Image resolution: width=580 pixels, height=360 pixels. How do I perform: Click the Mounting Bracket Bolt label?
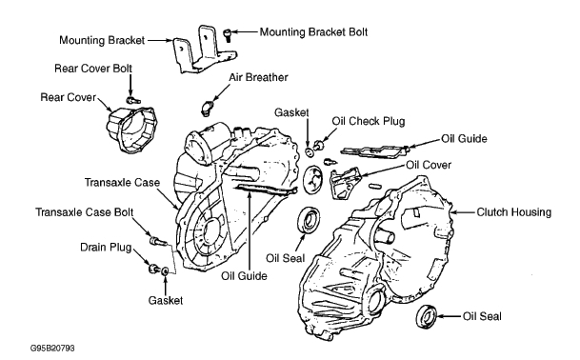pos(313,32)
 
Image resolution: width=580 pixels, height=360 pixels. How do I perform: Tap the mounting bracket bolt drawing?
pos(227,35)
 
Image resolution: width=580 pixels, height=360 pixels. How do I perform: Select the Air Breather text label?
pos(258,77)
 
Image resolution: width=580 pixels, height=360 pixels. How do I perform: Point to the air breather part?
pos(207,108)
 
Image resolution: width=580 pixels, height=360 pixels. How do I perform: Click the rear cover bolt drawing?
pos(132,100)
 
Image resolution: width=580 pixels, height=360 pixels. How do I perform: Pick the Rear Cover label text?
pos(68,97)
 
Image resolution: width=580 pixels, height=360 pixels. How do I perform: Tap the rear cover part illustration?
pos(131,130)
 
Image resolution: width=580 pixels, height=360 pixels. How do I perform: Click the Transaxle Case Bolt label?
pos(85,212)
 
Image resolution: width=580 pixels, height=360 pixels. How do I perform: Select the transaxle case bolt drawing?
pos(156,241)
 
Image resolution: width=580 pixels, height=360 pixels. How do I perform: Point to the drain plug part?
pos(153,269)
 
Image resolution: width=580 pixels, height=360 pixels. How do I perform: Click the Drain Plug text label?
pos(106,247)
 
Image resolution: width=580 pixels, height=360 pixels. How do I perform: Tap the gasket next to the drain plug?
pos(165,271)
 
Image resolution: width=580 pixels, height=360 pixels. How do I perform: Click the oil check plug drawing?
pos(318,145)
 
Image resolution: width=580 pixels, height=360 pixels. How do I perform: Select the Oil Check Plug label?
pos(369,121)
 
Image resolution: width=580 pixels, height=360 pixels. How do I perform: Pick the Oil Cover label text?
pos(429,165)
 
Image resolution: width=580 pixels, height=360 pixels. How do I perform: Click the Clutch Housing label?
pos(513,212)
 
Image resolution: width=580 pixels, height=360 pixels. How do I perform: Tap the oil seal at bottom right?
pos(427,317)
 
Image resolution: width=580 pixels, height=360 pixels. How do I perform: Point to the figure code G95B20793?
pos(52,349)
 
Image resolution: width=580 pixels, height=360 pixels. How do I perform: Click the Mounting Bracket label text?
pos(102,40)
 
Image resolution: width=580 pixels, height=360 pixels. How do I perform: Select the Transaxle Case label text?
pos(122,183)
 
